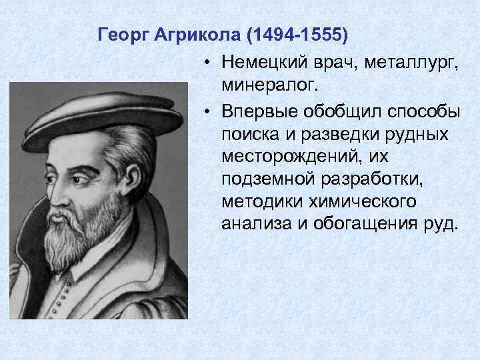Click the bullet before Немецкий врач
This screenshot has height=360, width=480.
coord(209,63)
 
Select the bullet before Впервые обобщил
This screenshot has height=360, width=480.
coord(209,109)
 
